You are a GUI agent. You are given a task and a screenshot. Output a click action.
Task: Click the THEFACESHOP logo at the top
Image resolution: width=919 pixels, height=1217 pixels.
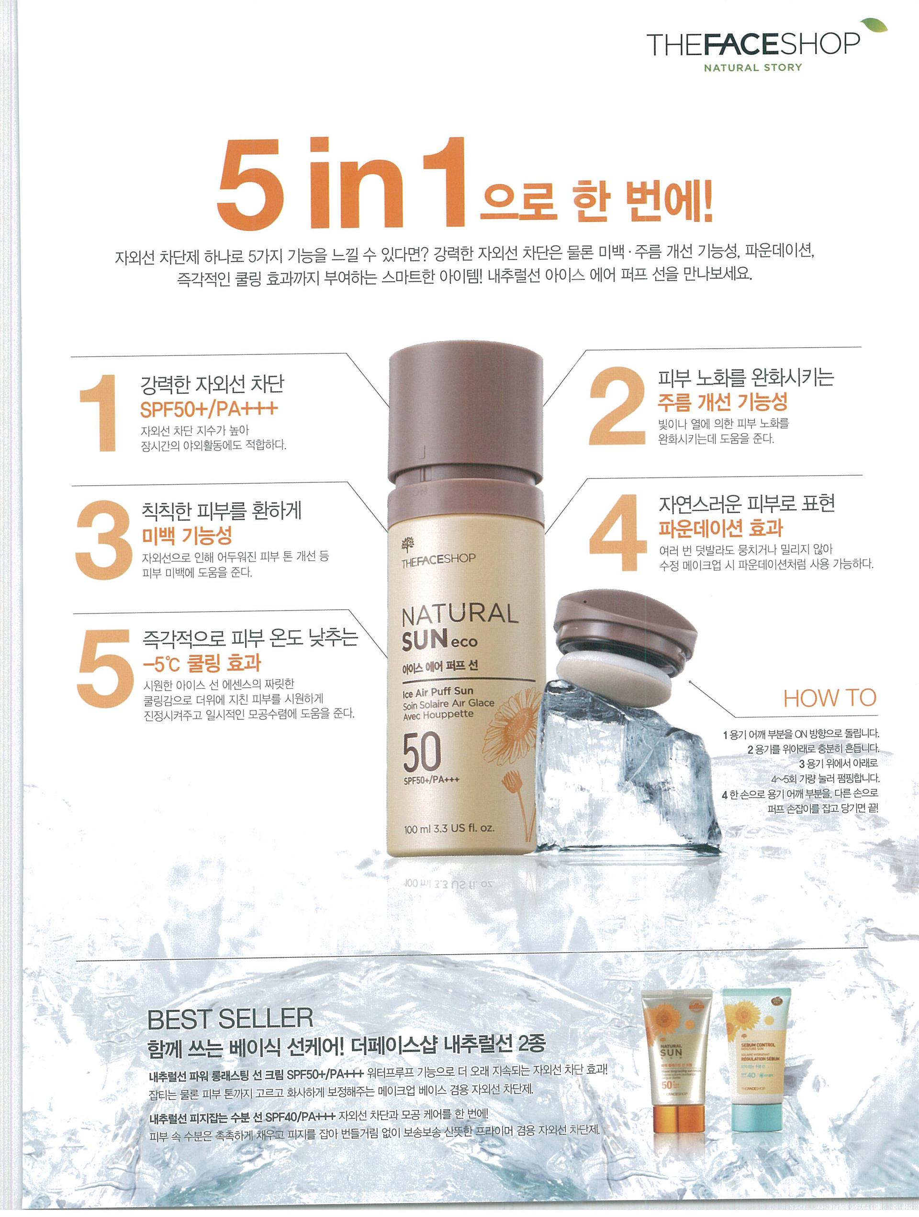pos(753,45)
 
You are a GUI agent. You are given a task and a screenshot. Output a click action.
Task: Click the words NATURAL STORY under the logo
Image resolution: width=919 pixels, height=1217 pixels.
pos(753,68)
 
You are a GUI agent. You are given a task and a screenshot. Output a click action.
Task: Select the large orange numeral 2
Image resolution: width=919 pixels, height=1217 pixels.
pos(616,406)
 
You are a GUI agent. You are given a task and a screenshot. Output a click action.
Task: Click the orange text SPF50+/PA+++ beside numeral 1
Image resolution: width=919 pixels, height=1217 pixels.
pos(209,409)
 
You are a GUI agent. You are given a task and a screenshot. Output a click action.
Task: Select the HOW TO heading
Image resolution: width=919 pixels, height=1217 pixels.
pos(829,698)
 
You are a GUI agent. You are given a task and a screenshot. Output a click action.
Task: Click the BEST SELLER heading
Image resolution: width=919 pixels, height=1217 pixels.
pos(230,1019)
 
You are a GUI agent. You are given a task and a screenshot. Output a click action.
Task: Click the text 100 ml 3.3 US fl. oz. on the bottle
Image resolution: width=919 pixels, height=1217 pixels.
pos(449,828)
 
